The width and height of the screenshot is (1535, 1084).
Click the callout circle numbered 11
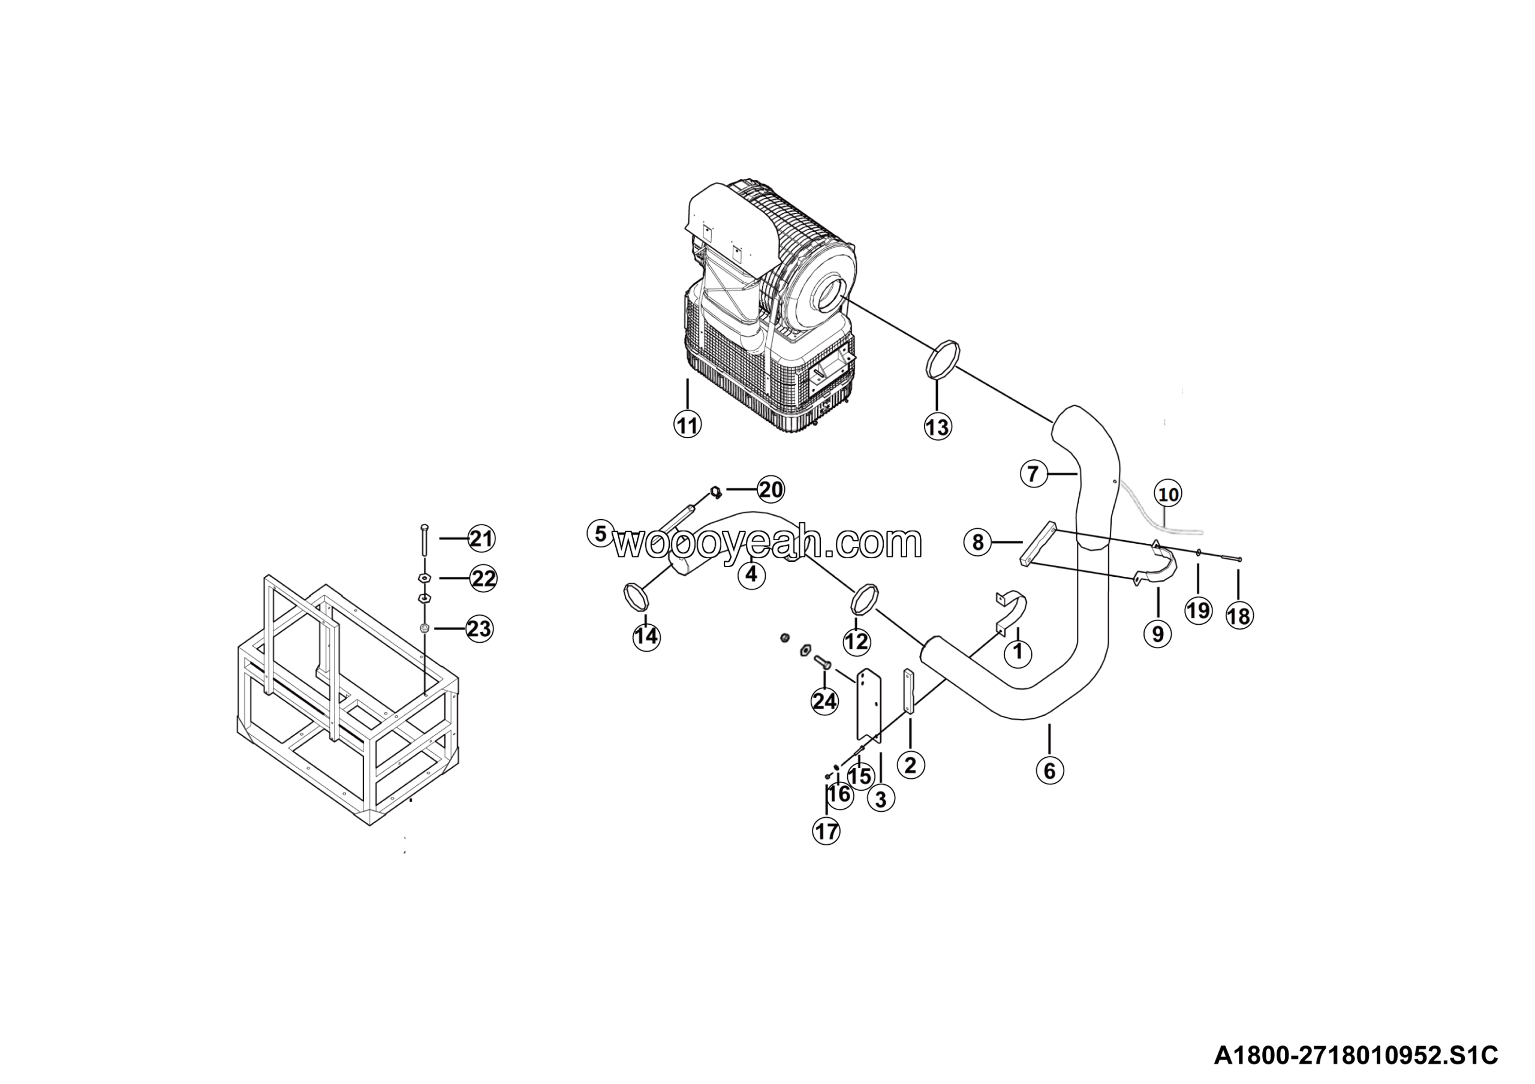[687, 425]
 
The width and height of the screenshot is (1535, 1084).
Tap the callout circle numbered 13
[937, 426]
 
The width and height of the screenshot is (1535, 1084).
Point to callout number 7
[1034, 474]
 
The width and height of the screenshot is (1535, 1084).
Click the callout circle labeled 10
[1169, 495]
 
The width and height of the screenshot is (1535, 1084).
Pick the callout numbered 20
[771, 490]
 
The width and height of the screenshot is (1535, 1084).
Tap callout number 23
[479, 629]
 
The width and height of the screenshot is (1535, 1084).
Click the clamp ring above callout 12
[865, 598]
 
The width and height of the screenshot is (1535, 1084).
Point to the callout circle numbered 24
[824, 701]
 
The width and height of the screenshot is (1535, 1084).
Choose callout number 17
[826, 832]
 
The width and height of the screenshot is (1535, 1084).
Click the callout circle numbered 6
[1050, 770]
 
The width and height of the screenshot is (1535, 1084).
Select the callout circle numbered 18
[1239, 616]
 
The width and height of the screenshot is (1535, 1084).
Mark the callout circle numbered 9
[1158, 633]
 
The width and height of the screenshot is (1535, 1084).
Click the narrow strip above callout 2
[908, 692]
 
